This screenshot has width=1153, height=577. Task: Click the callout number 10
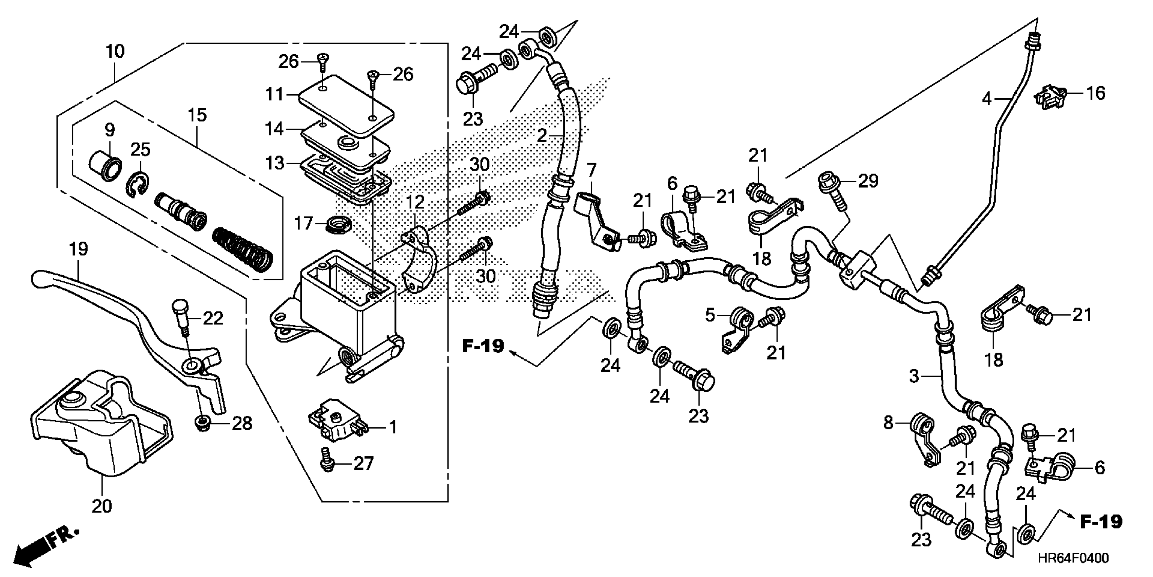115,52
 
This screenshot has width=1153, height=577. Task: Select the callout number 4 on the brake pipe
986,98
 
